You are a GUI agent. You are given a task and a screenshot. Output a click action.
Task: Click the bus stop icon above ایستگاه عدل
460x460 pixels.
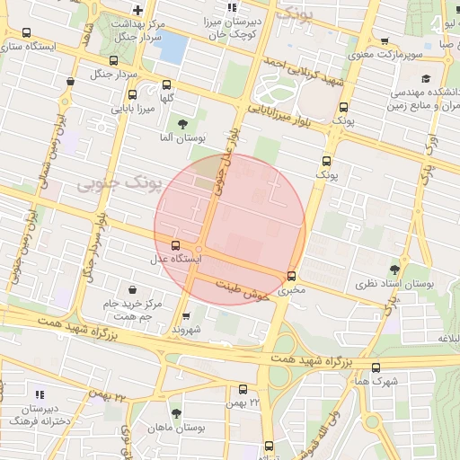point(174,244)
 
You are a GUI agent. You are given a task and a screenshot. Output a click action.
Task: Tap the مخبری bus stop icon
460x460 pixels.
point(291,276)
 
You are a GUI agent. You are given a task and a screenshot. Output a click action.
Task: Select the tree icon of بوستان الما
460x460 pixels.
point(183,123)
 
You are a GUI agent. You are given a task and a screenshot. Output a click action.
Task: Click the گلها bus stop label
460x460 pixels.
point(165,96)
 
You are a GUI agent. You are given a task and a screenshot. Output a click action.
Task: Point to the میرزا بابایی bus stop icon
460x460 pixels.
point(133,94)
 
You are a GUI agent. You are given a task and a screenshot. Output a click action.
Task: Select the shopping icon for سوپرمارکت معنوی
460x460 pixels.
point(385,40)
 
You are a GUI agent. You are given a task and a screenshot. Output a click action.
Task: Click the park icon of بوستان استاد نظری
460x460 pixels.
point(394,269)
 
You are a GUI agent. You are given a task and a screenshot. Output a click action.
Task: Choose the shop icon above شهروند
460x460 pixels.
point(186,316)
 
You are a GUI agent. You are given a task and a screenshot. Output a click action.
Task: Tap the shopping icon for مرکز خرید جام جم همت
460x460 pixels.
point(133,290)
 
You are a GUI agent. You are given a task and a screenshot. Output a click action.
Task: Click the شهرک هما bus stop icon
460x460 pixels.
point(376,367)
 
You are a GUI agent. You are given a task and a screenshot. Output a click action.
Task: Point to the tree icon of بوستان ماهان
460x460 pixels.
point(175,413)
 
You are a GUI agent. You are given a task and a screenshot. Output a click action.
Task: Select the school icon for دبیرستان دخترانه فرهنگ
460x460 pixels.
point(39,394)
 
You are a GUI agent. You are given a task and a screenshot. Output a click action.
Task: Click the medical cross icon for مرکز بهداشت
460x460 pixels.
point(137,11)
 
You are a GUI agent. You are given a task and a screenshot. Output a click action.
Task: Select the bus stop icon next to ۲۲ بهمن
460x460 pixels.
point(243,389)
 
